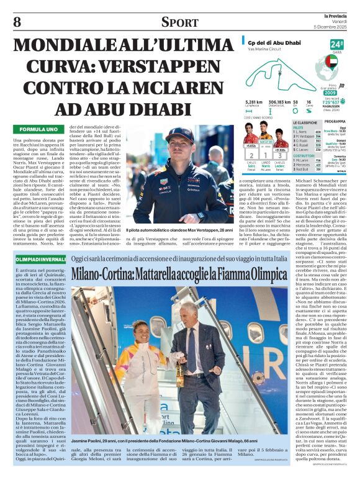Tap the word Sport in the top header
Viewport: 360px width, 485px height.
click(180, 23)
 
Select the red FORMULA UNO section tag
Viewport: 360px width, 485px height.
click(38, 129)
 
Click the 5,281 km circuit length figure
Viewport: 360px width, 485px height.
click(253, 101)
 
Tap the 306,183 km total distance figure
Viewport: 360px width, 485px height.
click(280, 101)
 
